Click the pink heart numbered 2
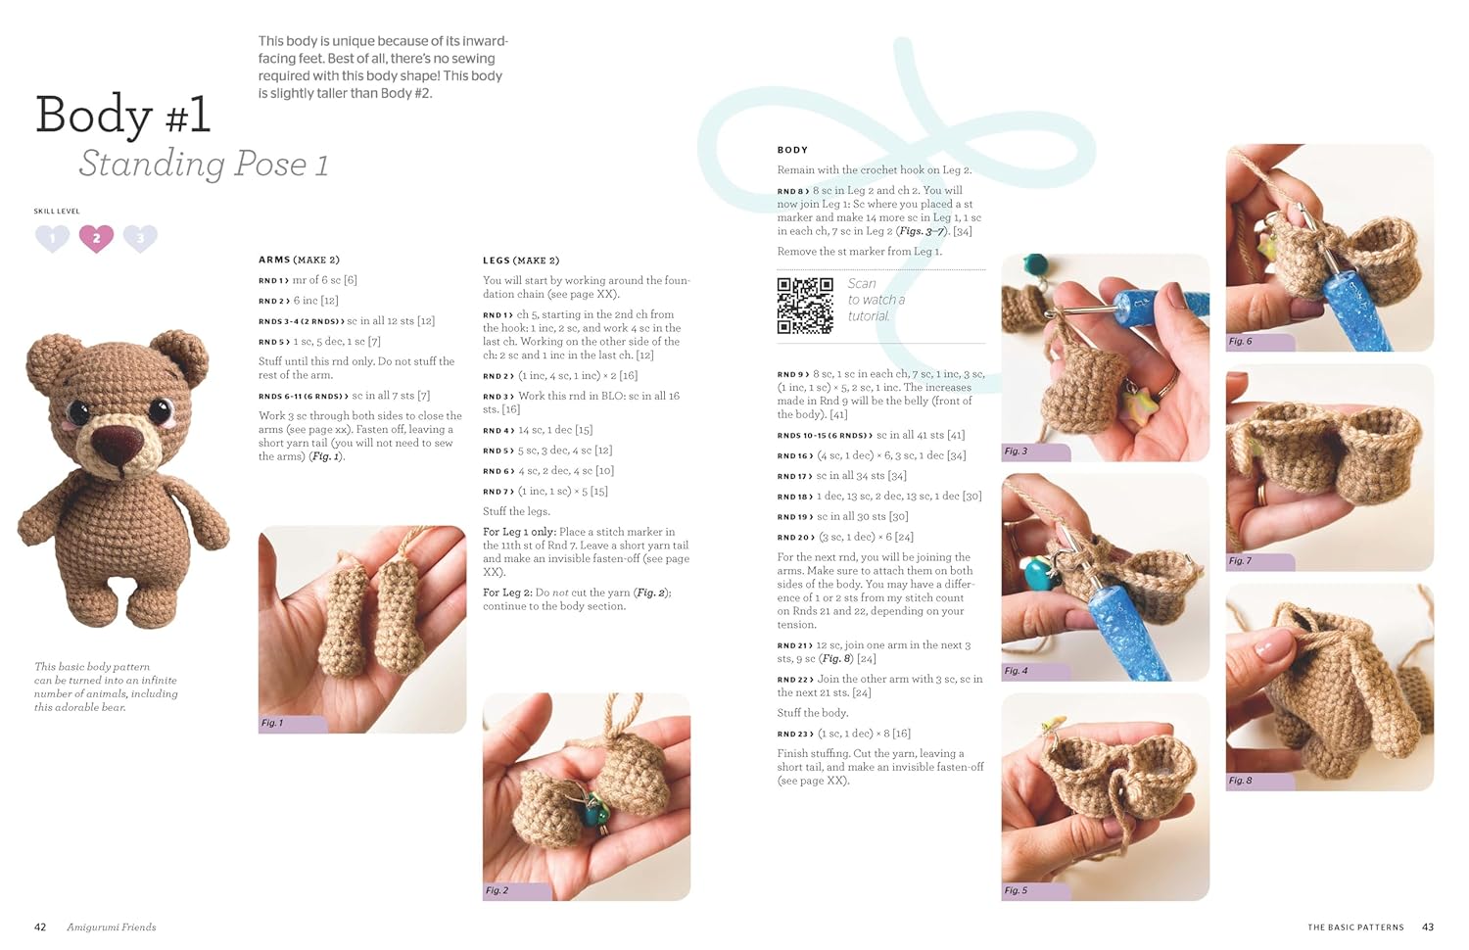coord(96,238)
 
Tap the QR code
coord(805,306)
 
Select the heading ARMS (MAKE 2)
coord(299,260)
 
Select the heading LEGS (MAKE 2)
coord(521,261)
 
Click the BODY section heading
coord(792,150)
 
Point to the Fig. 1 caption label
coord(272,723)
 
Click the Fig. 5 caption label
coord(1016,890)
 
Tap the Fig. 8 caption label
coord(1240,781)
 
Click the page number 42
coord(40,926)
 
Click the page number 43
coord(1428,926)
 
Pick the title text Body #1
coord(123,116)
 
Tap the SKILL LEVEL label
coord(57,211)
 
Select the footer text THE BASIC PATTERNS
coord(1355,926)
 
